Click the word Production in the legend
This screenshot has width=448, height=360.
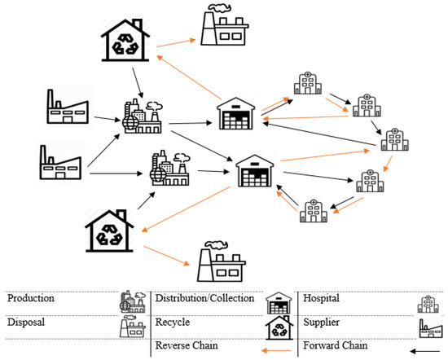(x=31, y=299)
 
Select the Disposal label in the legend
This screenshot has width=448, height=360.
(x=26, y=321)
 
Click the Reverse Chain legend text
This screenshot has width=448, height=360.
(x=187, y=345)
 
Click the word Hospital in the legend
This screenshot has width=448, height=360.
(x=323, y=299)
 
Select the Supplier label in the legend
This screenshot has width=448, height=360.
(x=323, y=321)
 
